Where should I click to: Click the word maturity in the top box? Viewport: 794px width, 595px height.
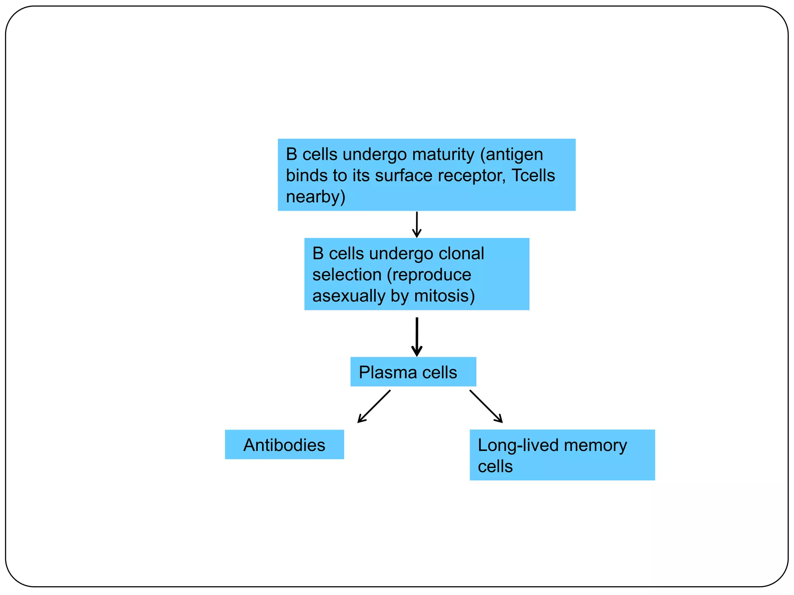[443, 155]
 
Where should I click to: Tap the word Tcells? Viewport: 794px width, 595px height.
[533, 175]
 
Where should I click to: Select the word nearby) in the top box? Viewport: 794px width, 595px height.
[315, 197]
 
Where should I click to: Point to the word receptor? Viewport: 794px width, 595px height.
[472, 175]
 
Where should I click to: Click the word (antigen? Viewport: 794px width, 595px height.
[511, 155]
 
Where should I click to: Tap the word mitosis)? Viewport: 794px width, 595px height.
[444, 296]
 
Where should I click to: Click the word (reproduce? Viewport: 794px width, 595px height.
[429, 275]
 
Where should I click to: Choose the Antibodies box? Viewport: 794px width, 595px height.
[284, 445]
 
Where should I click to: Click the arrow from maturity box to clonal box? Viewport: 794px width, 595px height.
[417, 225]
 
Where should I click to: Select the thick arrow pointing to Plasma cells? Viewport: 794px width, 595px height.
[417, 336]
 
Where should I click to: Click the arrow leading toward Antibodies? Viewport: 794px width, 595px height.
[374, 406]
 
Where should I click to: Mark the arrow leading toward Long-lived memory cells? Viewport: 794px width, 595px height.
[486, 406]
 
